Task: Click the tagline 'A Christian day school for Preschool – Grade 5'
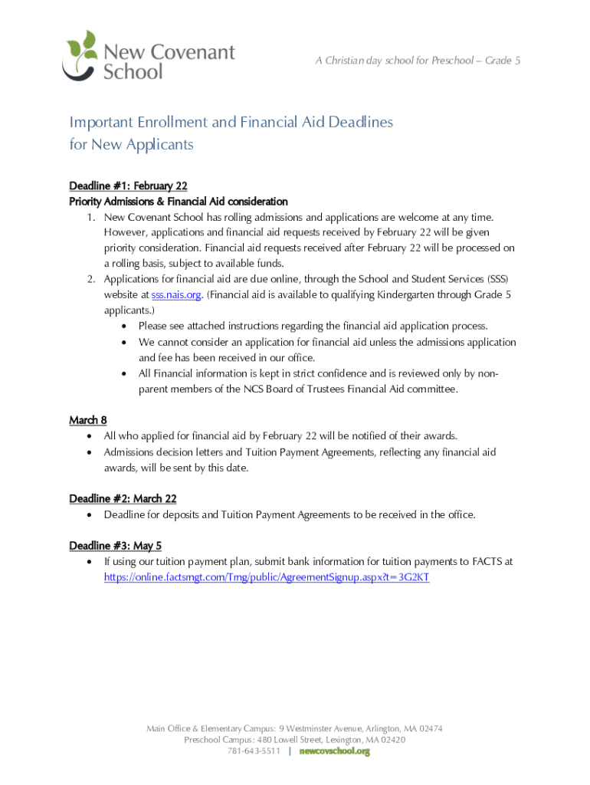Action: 418,61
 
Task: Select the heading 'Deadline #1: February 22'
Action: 128,186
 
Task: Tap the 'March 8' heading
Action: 88,420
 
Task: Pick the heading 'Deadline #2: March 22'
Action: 123,499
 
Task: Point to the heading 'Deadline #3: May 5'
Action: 115,546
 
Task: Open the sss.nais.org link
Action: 176,295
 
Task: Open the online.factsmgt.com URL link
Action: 267,577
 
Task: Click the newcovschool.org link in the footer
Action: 334,752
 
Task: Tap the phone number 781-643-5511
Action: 254,752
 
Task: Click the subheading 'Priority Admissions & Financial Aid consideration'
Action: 179,202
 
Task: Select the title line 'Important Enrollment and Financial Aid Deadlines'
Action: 231,123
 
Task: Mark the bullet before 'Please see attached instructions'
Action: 124,327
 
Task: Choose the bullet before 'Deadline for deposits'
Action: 90,515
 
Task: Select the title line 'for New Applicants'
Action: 131,145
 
